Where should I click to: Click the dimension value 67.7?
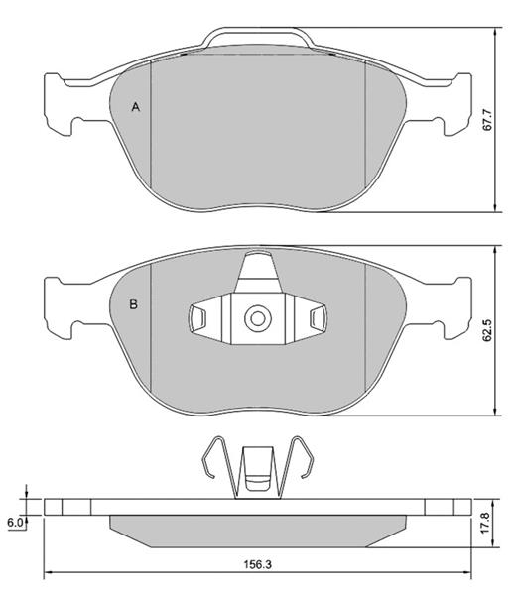click(487, 120)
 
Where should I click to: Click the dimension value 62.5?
click(487, 330)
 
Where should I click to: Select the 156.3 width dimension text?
click(258, 565)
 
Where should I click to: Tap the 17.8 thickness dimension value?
click(486, 524)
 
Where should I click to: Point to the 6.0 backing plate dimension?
click(15, 523)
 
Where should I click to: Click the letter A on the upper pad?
click(136, 107)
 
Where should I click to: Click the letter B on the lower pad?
click(133, 304)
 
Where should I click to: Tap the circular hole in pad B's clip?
click(257, 318)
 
